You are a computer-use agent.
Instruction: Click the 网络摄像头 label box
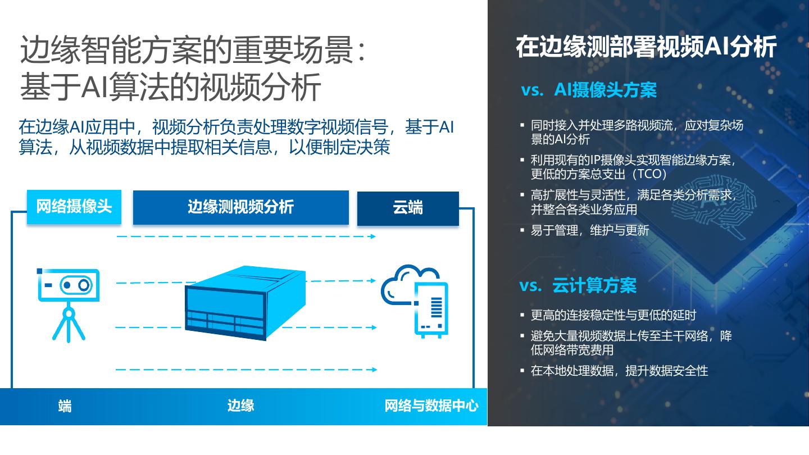pos(74,207)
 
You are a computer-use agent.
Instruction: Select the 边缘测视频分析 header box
pos(240,207)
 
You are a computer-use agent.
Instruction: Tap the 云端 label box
pos(408,208)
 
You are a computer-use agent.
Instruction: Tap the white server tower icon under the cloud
pos(431,310)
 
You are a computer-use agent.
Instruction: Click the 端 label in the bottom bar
pos(65,406)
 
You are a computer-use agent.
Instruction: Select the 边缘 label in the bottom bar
pos(240,406)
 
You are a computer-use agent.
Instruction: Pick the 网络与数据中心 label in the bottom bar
pos(431,406)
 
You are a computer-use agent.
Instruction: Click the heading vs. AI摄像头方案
pos(589,90)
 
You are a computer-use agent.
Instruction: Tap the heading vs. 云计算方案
pos(578,285)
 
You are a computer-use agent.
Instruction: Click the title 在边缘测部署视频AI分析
pos(646,47)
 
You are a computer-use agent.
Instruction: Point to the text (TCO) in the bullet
pos(648,174)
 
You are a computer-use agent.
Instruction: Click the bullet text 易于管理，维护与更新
pos(590,230)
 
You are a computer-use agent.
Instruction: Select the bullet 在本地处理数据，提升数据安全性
pos(619,371)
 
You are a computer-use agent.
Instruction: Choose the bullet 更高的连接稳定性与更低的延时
pos(613,315)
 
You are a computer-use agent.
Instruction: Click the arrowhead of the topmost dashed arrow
pos(373,236)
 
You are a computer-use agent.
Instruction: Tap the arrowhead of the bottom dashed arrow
pos(373,370)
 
